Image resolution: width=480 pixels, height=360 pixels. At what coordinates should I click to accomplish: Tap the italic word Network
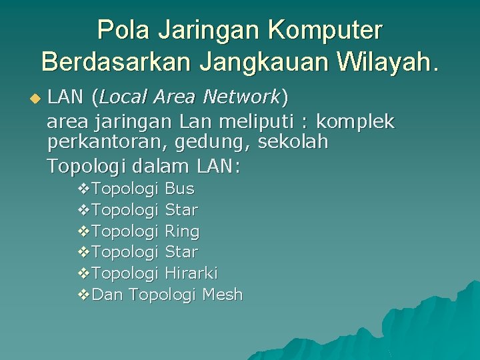pos(241,97)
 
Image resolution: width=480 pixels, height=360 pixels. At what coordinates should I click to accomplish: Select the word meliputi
pos(253,121)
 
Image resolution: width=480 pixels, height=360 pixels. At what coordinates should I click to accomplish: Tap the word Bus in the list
pos(179,189)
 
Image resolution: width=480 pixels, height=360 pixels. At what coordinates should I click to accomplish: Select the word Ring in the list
pos(182,231)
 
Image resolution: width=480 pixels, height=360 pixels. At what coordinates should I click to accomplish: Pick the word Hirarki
pos(191,273)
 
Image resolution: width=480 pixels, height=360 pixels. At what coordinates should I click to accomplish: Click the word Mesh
pos(222,294)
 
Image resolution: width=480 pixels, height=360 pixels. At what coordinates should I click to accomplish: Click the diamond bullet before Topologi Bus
pos(83,190)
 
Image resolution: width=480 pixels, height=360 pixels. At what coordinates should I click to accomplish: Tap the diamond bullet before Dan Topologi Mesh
pos(83,295)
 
